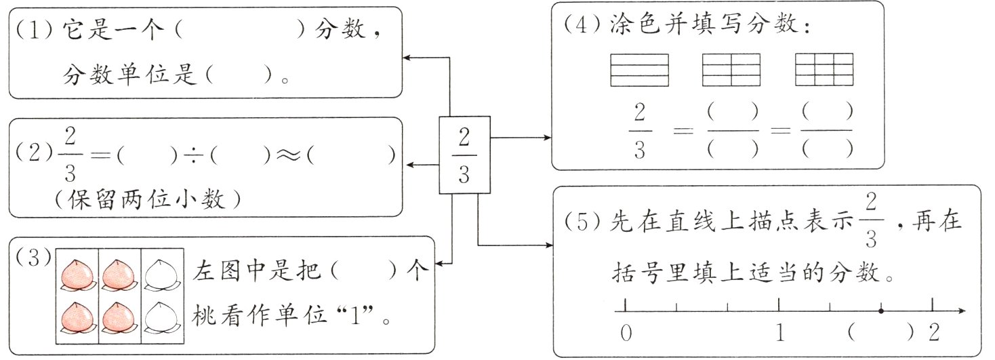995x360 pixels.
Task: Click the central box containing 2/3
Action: (464, 155)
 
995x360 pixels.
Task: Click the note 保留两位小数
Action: (149, 199)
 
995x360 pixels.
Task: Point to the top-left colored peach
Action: (77, 274)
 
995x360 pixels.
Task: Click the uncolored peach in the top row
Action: (161, 274)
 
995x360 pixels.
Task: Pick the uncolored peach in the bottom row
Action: (161, 317)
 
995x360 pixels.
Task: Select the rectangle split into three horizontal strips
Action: (639, 70)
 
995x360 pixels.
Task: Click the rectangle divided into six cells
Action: (731, 70)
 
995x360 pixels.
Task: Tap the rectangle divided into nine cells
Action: (823, 70)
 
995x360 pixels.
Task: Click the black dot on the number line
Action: (880, 311)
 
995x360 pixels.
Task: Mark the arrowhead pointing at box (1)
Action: (407, 58)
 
